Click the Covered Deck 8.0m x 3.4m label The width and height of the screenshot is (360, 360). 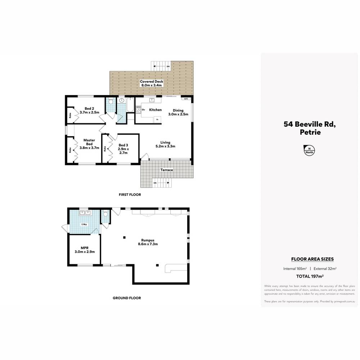click(x=152, y=84)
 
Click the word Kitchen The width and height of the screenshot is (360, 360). click(x=155, y=110)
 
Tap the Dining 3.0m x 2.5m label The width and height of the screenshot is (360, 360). click(x=178, y=112)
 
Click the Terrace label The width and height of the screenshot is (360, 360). click(x=167, y=170)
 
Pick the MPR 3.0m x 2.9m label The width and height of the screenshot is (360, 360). click(x=85, y=249)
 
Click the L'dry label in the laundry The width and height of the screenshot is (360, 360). click(x=84, y=225)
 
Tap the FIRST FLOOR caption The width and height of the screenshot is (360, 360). click(x=130, y=195)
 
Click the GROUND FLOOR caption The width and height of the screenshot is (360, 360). click(x=127, y=298)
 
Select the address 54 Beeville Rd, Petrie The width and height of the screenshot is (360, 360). click(x=309, y=128)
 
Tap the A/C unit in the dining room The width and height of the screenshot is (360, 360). click(x=186, y=99)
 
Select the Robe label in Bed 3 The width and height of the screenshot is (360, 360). click(x=105, y=148)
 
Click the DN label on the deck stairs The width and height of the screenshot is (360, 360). click(x=168, y=67)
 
